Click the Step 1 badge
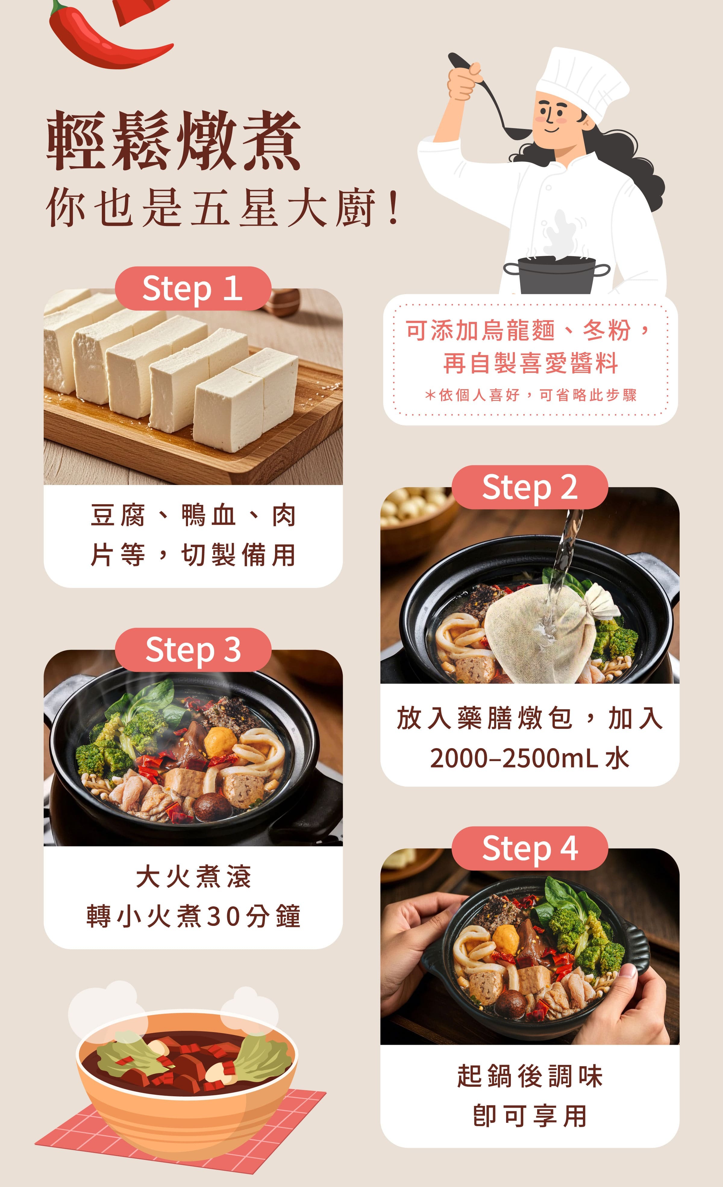pos(192,288)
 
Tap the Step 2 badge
pos(530,487)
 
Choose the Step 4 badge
pos(530,848)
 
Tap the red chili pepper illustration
pos(106,41)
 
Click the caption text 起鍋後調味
pos(530,1076)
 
